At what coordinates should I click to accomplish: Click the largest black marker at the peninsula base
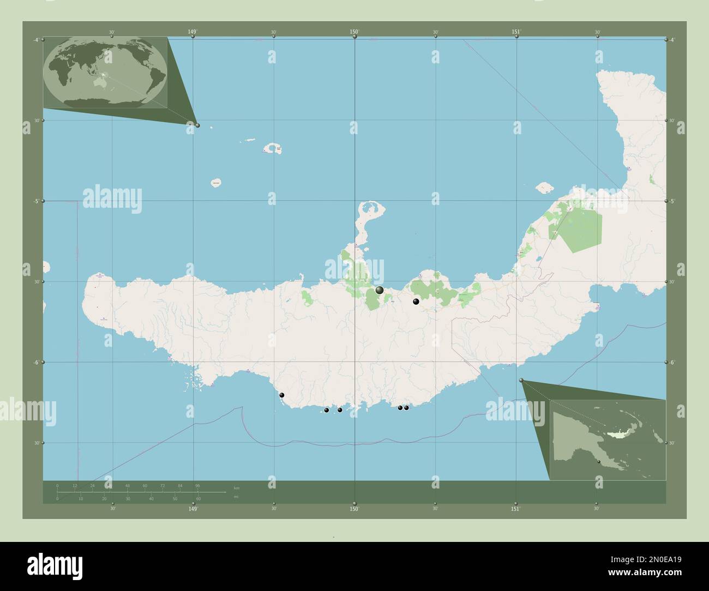pos(380,290)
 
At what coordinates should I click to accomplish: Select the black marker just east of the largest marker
pos(416,301)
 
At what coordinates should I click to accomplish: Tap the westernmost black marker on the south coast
pos(282,395)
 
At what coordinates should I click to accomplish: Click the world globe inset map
pos(105,72)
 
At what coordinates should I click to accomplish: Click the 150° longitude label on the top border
pos(354,32)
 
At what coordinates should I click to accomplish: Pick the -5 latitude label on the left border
pos(35,201)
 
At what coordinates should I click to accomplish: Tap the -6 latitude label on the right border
pos(673,362)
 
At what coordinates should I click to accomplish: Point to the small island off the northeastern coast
pos(545,188)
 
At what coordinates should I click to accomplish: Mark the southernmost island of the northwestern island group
pos(217,183)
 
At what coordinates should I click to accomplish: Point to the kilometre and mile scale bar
pos(142,492)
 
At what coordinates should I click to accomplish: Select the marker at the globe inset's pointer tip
pos(197,125)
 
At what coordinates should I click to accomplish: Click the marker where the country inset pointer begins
pos(521,380)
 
